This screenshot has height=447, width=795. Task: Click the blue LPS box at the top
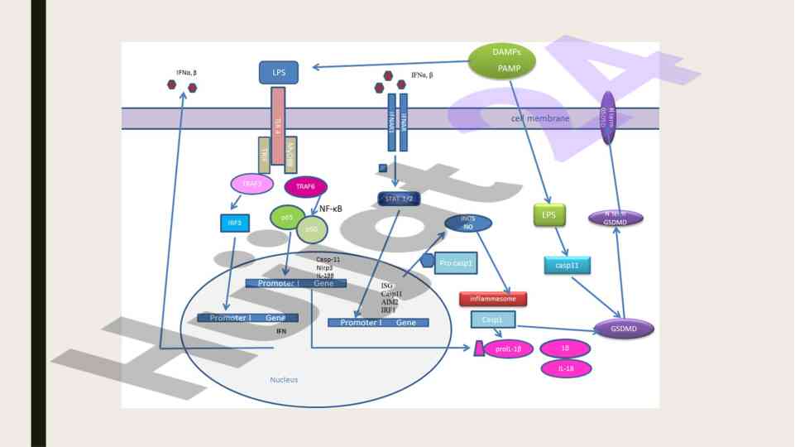point(279,73)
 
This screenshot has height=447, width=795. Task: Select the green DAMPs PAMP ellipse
point(502,60)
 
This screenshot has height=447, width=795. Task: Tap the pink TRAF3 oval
point(252,184)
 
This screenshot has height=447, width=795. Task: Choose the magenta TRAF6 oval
point(305,188)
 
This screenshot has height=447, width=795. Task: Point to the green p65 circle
point(286,218)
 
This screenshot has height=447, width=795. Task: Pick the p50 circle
point(312,229)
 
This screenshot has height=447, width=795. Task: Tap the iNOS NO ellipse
point(468,223)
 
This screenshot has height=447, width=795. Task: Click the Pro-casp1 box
point(456,262)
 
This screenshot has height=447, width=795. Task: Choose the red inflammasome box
point(493,299)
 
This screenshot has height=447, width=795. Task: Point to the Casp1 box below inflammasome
point(493,319)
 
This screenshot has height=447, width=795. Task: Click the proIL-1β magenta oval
point(509,348)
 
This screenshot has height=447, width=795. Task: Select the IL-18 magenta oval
point(566,368)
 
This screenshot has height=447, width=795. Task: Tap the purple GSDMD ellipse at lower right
point(624,329)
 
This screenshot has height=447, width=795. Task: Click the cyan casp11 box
point(567,265)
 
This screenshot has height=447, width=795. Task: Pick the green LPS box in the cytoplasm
point(548,215)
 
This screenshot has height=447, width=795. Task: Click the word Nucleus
point(284,380)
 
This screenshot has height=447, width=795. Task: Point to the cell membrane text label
point(539,118)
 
